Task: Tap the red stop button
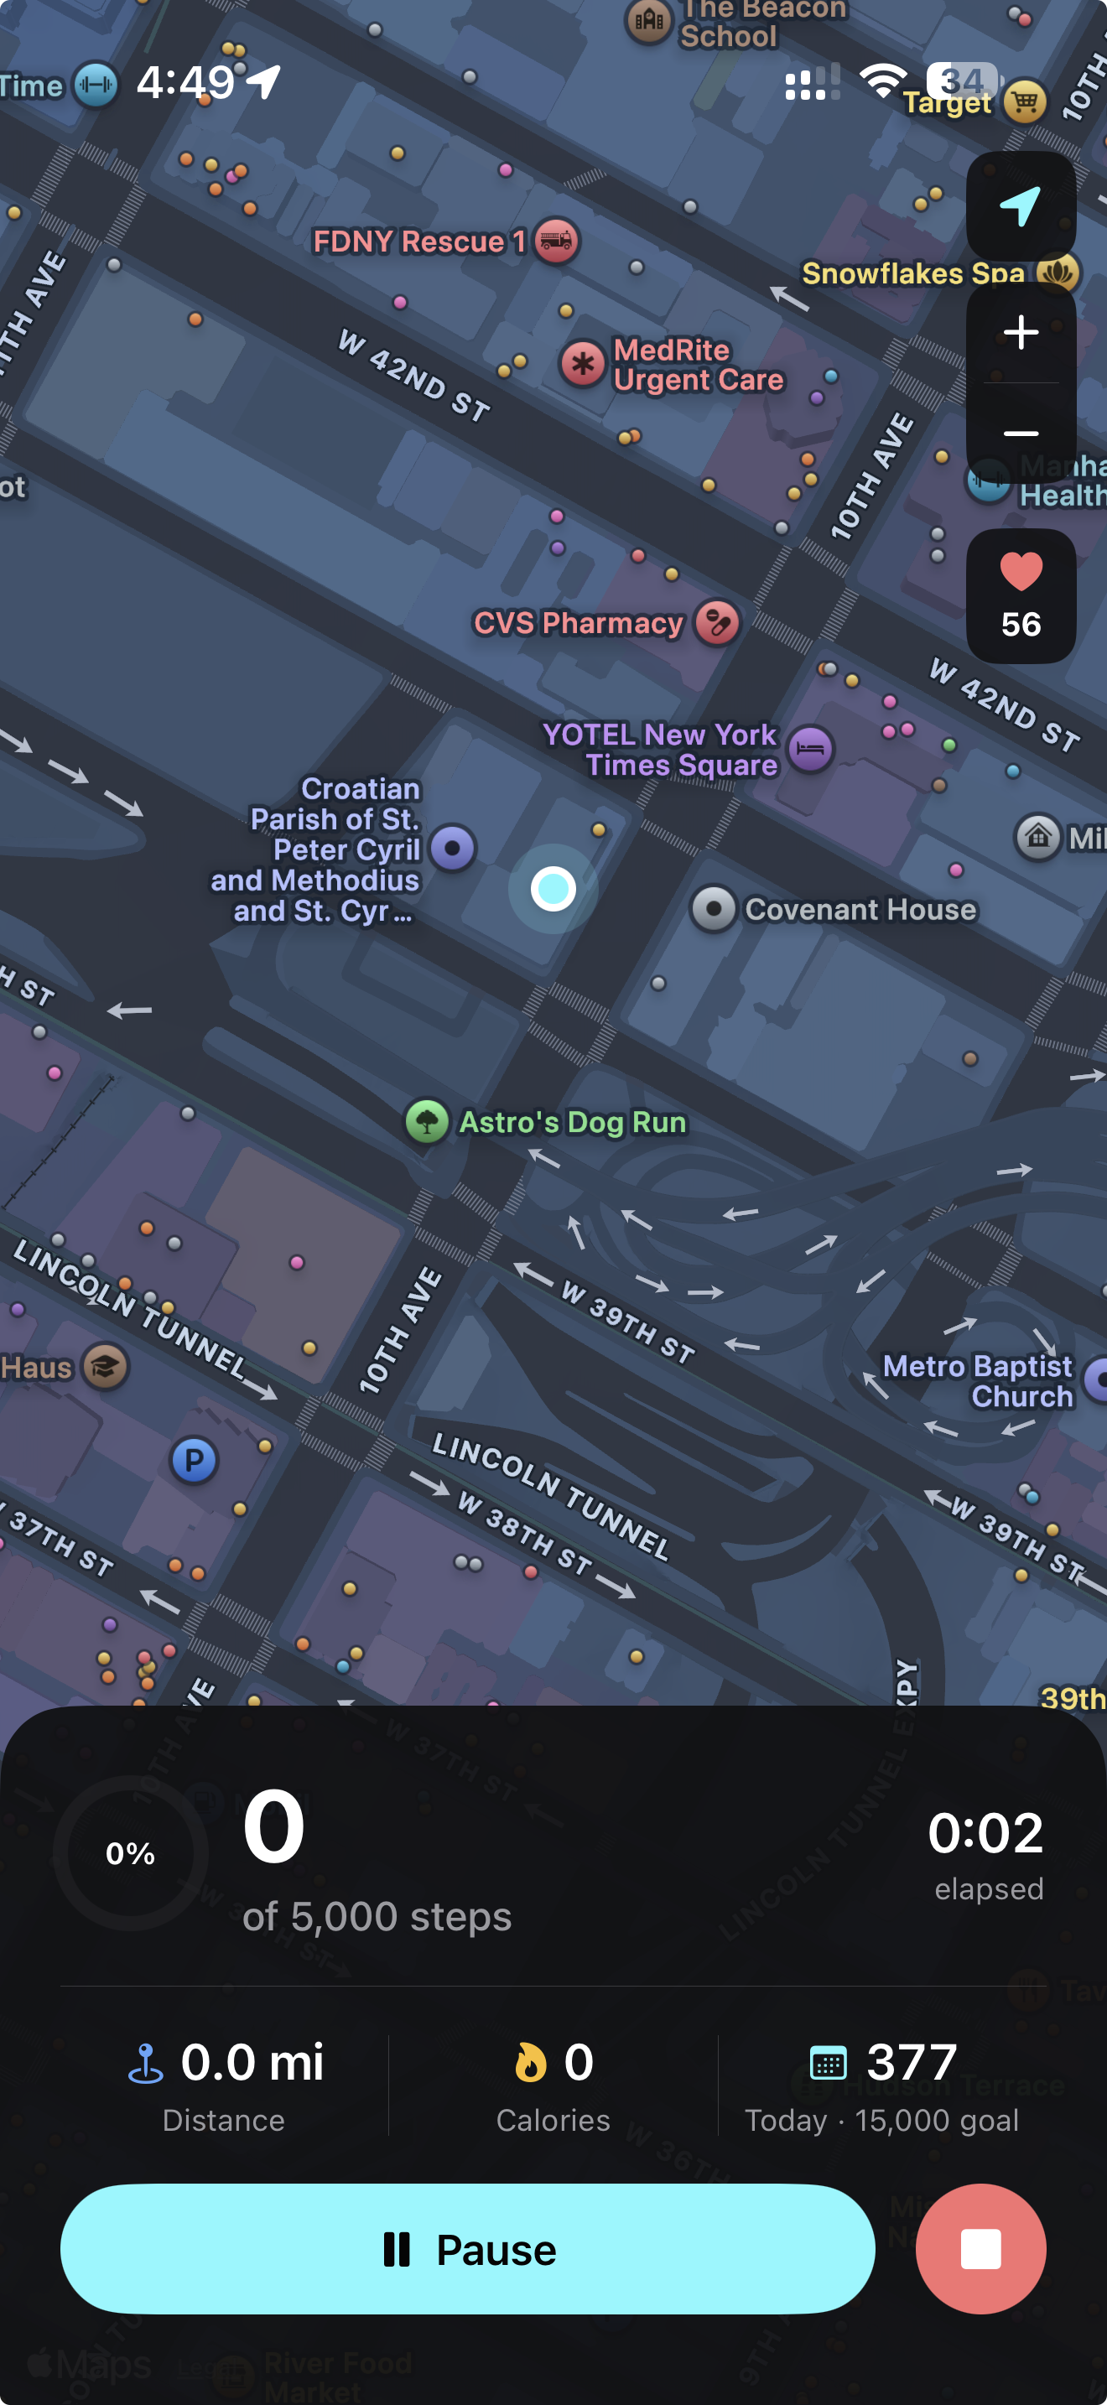[x=980, y=2249]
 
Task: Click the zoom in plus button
[x=1020, y=332]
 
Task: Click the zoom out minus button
[x=1020, y=434]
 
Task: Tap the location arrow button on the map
[x=1020, y=206]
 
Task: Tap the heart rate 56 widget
[x=1020, y=595]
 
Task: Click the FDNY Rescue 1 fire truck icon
[x=557, y=241]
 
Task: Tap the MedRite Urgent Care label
[x=697, y=365]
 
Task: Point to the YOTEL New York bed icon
[x=810, y=749]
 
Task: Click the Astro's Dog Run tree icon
[x=427, y=1121]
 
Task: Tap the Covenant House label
[x=860, y=909]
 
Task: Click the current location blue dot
[x=553, y=888]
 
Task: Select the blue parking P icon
[x=195, y=1460]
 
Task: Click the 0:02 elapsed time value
[x=985, y=1833]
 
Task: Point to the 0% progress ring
[x=131, y=1853]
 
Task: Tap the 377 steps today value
[x=911, y=2061]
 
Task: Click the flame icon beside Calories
[x=530, y=2062]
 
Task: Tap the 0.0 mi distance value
[x=251, y=2061]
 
